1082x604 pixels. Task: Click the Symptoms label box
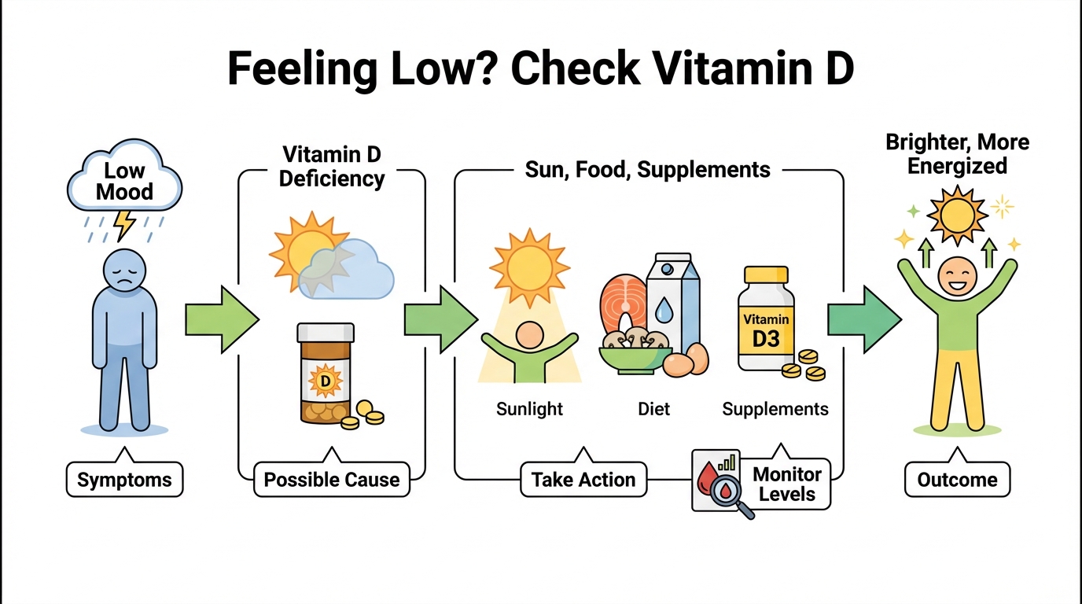pyautogui.click(x=125, y=479)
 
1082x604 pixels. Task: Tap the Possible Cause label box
pyautogui.click(x=332, y=479)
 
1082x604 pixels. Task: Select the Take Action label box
pyautogui.click(x=583, y=479)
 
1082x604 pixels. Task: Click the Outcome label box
pyautogui.click(x=957, y=479)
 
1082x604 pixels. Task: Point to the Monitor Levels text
pyautogui.click(x=787, y=484)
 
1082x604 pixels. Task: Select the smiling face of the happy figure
pyautogui.click(x=957, y=274)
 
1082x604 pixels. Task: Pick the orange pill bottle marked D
pyautogui.click(x=325, y=374)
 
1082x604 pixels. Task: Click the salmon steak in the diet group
pyautogui.click(x=624, y=303)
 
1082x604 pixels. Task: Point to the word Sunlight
pyautogui.click(x=530, y=409)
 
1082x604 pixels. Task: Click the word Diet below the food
pyautogui.click(x=653, y=409)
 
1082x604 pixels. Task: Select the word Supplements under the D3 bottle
pyautogui.click(x=775, y=409)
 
